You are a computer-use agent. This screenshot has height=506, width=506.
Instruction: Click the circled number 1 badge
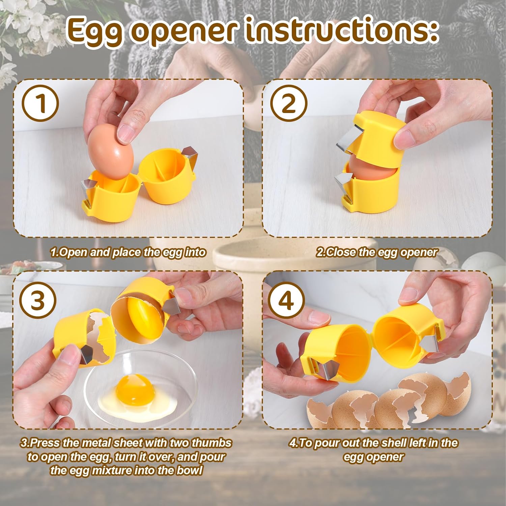click(x=40, y=103)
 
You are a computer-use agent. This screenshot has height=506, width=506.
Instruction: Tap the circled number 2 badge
click(x=289, y=103)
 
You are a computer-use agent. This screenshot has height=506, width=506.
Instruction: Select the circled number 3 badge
click(x=37, y=300)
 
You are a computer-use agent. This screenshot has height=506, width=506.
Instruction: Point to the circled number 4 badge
click(x=286, y=300)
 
